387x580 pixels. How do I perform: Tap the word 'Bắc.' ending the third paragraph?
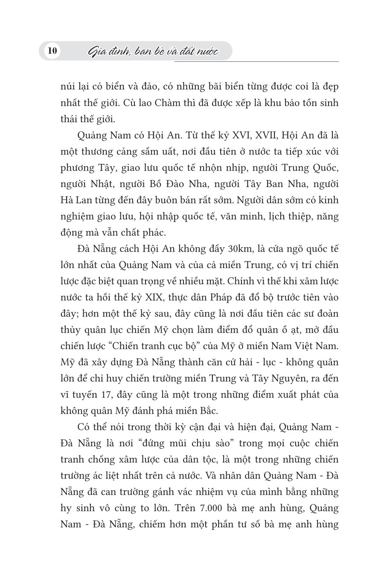click(x=208, y=411)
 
